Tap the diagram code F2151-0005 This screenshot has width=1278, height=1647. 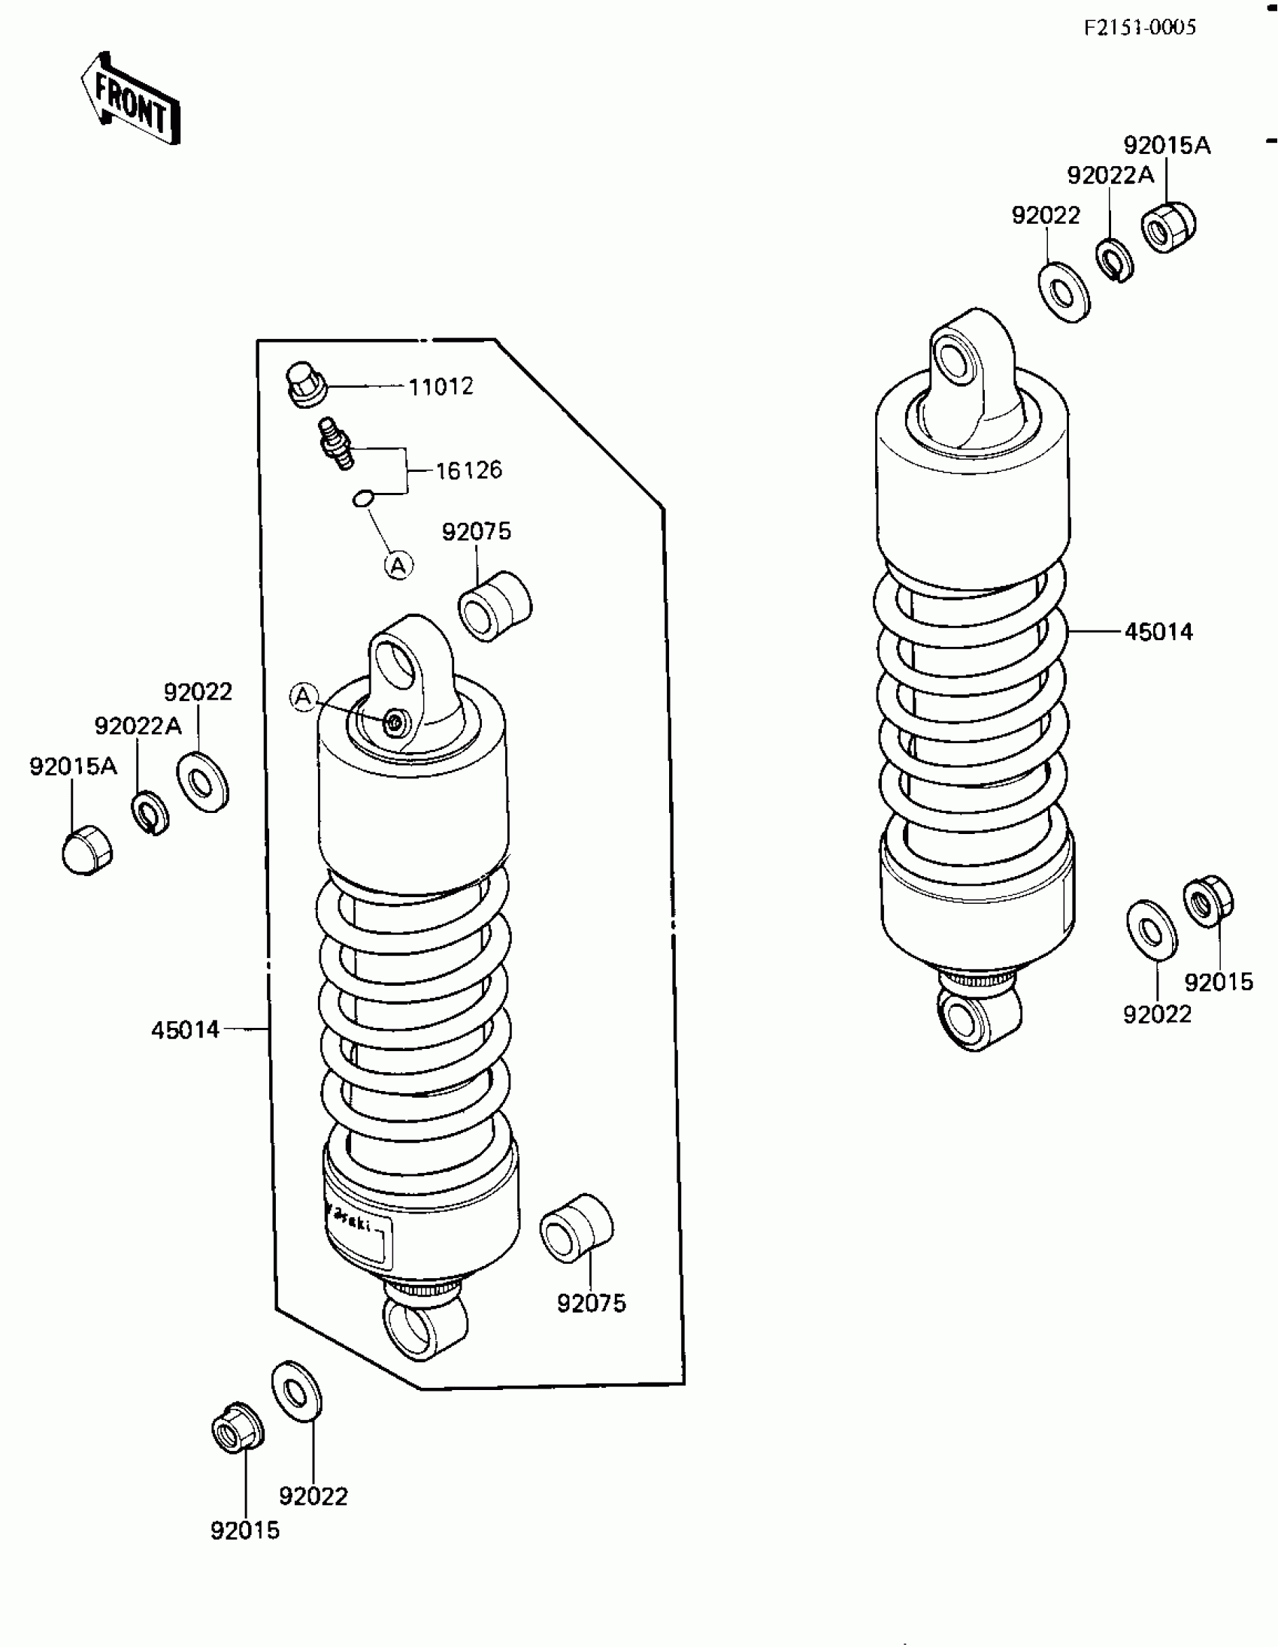coord(1139,28)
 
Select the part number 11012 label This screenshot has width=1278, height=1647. coord(441,386)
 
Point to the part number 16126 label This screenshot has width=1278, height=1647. coord(468,470)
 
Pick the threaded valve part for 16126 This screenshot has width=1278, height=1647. coord(335,443)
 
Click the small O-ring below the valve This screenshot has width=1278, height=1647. coord(363,497)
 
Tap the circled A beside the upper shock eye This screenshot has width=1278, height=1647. coord(303,697)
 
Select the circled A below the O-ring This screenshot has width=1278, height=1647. coord(398,565)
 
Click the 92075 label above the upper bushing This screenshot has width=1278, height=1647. coord(476,532)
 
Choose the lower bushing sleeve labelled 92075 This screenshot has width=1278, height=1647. coord(577,1227)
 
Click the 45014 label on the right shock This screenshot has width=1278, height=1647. coord(1158,632)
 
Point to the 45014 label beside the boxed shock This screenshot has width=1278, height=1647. coord(185,1030)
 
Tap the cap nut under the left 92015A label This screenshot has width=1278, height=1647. coord(87,850)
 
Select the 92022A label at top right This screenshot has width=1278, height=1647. coord(1110,176)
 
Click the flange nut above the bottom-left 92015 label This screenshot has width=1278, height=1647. coord(238,1426)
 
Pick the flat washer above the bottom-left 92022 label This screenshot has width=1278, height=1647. coord(296,1392)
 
